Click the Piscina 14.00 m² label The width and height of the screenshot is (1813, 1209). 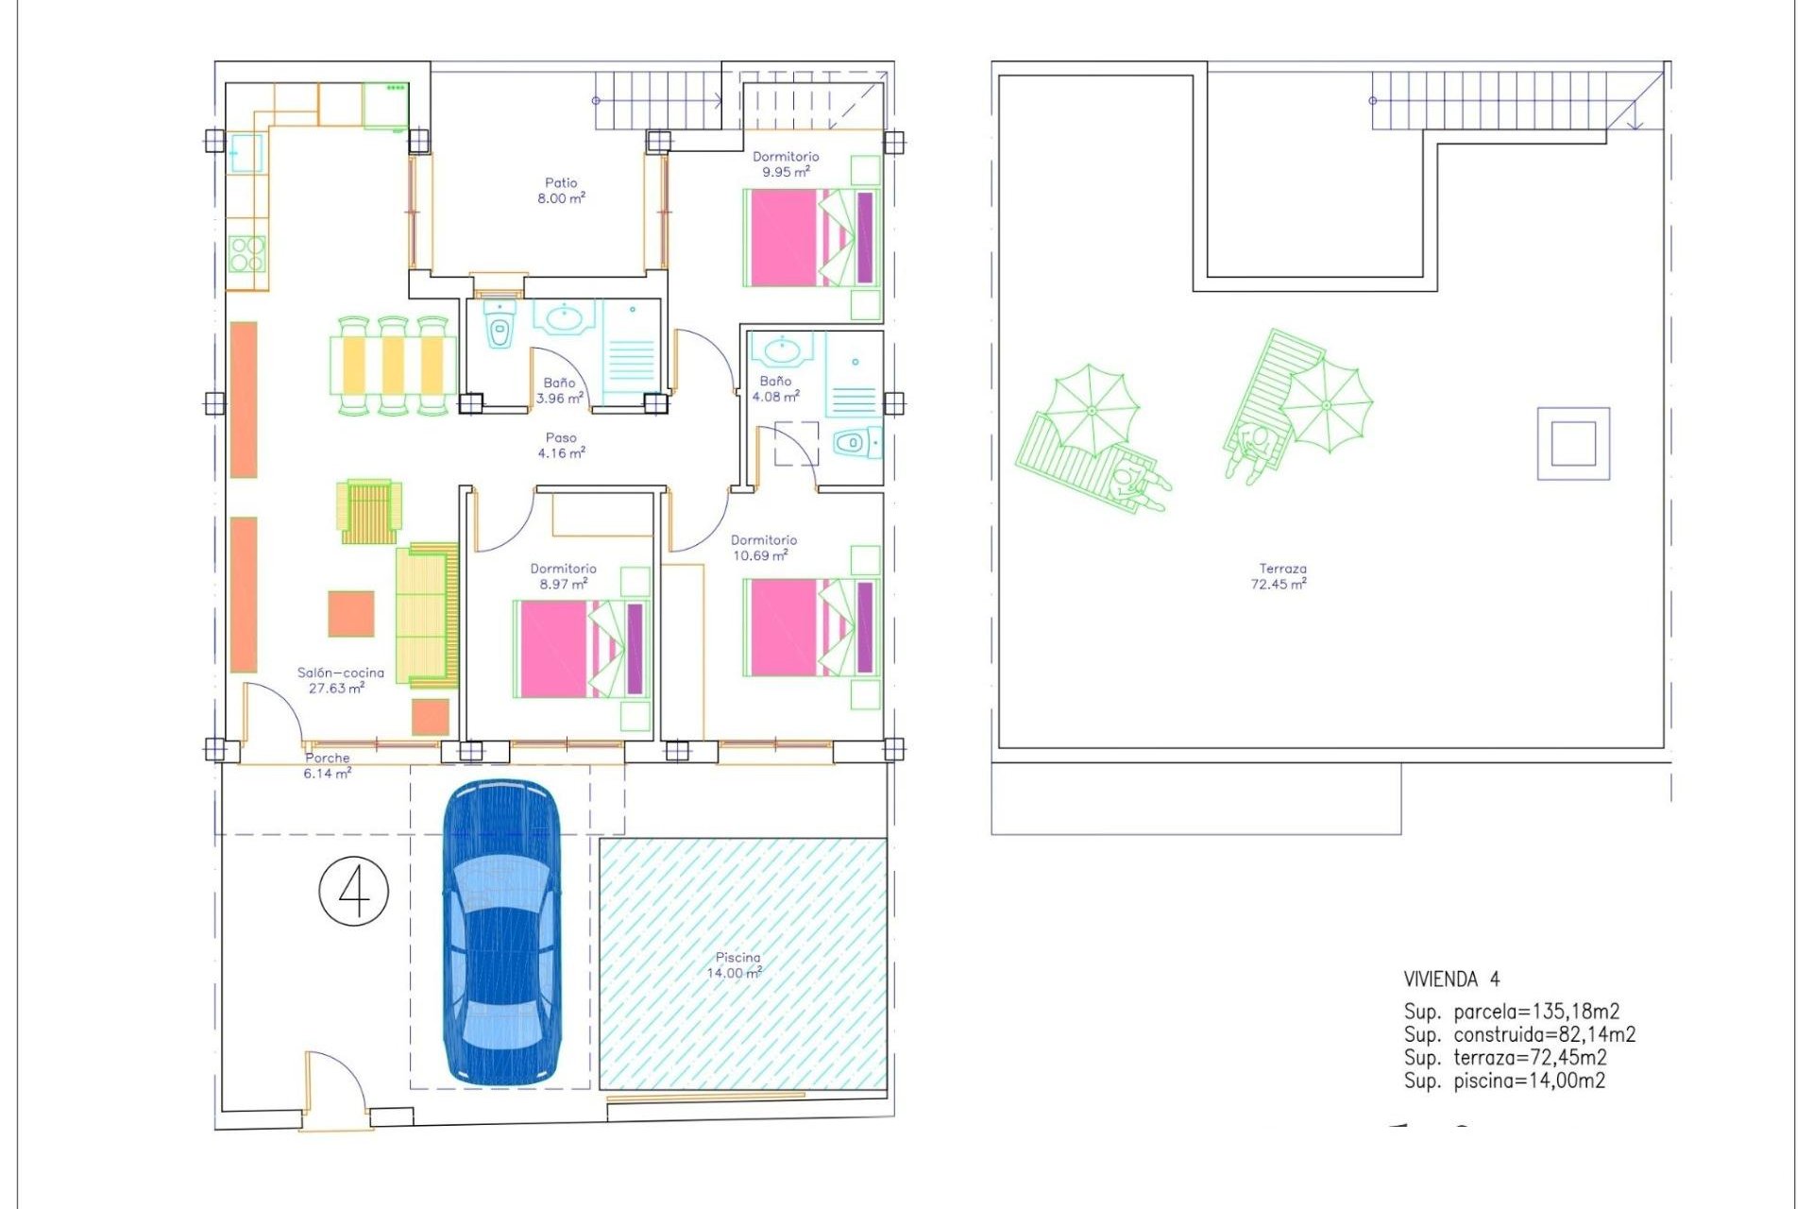736,964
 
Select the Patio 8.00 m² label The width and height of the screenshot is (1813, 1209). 561,190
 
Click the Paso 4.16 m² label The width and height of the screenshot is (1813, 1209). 561,445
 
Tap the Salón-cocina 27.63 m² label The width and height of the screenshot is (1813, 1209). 340,680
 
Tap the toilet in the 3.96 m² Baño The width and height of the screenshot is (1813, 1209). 500,331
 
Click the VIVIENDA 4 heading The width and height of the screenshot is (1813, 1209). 1450,979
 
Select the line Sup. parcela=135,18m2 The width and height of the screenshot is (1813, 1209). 1511,1012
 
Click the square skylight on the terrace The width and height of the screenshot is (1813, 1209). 1573,443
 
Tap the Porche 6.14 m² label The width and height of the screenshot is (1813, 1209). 327,765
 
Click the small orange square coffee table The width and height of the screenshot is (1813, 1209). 351,614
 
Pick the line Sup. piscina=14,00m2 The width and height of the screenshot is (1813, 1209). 1504,1081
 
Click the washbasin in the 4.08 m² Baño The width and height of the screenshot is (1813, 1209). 782,350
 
